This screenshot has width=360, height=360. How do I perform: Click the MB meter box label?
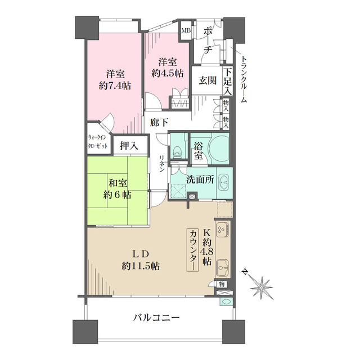pyautogui.click(x=185, y=30)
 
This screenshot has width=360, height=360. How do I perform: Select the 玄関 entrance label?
pyautogui.click(x=206, y=79)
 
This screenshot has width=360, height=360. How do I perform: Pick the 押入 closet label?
pyautogui.click(x=129, y=145)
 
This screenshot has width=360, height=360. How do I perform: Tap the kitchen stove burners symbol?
pyautogui.click(x=222, y=230)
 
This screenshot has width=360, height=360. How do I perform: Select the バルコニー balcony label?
pyautogui.click(x=156, y=318)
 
